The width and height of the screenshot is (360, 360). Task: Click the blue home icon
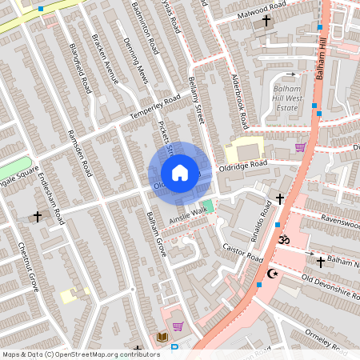(180, 173)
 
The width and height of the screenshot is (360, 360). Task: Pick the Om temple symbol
(282, 238)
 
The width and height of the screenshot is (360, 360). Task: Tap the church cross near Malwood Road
(266, 19)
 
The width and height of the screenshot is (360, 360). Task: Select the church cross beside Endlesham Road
(37, 216)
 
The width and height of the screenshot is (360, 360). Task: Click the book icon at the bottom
(162, 338)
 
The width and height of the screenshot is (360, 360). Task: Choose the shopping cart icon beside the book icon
(178, 326)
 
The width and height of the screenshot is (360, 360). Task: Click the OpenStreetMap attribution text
(81, 354)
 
